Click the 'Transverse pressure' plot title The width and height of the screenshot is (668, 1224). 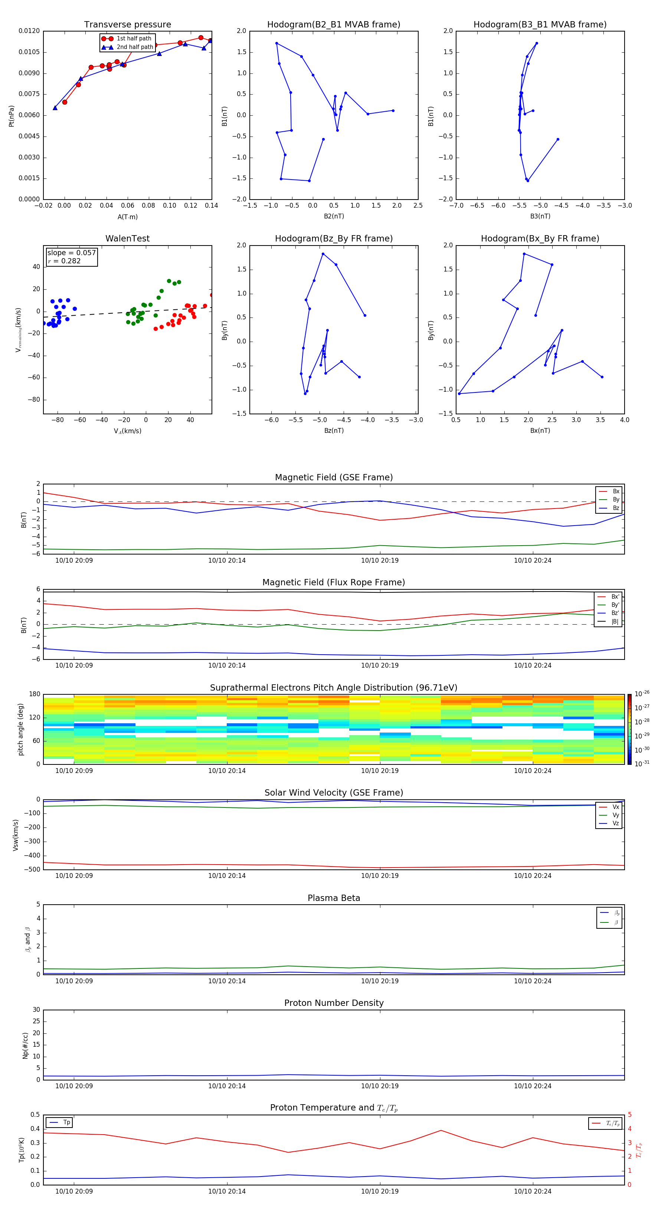[x=127, y=25]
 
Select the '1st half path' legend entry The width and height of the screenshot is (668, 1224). [x=134, y=39]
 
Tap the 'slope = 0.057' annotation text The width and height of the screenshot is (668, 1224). [x=71, y=253]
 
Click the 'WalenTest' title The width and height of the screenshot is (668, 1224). [x=127, y=238]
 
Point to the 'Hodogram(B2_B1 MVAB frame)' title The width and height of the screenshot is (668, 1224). [x=333, y=25]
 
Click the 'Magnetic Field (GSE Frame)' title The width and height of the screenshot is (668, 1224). [x=334, y=477]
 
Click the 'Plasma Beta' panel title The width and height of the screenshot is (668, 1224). [x=334, y=898]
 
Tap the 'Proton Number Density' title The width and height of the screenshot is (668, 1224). [x=334, y=1003]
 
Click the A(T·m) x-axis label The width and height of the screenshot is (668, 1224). [x=127, y=217]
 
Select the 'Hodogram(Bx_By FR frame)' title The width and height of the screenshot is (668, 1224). [x=540, y=238]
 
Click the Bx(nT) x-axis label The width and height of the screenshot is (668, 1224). [x=540, y=431]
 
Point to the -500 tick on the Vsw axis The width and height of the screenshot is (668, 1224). [x=32, y=869]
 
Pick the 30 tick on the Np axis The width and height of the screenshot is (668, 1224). [x=36, y=1010]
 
